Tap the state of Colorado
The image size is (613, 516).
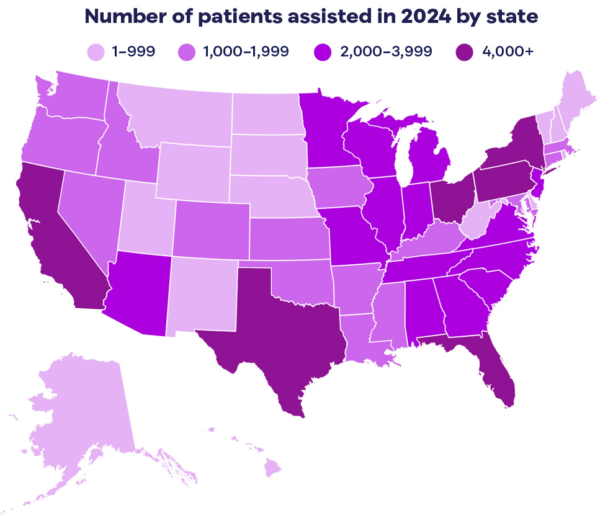[x=211, y=229]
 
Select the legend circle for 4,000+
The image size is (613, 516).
[x=462, y=51]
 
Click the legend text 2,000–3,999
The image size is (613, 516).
[x=385, y=51]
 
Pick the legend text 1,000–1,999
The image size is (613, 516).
[x=245, y=51]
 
